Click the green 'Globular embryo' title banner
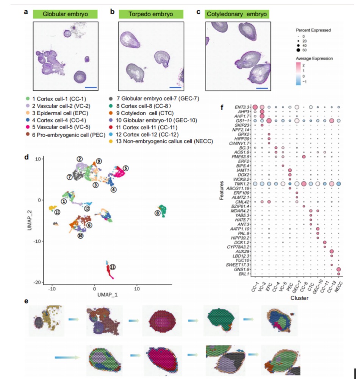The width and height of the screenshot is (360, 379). tap(65, 14)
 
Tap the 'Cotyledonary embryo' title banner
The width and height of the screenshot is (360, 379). tap(236, 14)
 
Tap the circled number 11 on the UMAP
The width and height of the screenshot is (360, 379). tap(113, 267)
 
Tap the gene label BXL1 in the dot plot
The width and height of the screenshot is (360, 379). tap(243, 273)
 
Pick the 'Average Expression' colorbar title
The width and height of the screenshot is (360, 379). tap(315, 59)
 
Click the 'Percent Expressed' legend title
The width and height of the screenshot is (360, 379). tap(313, 30)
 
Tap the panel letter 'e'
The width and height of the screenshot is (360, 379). tap(26, 301)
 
